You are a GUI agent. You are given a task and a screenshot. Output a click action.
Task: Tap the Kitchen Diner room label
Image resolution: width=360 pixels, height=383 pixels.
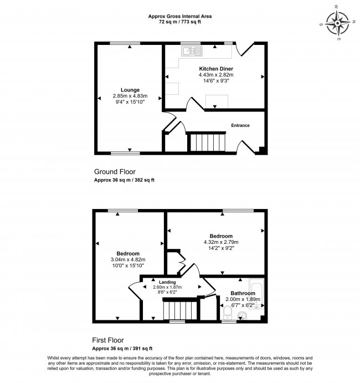click(217, 69)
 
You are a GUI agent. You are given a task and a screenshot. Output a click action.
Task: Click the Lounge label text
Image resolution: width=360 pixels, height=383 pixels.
click(130, 90)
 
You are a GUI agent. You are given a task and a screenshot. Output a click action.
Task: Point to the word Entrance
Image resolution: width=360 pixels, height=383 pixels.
click(240, 125)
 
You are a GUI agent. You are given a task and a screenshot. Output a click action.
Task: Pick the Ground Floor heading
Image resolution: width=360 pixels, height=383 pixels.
click(115, 172)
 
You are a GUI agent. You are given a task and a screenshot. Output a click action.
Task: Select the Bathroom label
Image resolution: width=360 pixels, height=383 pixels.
click(243, 293)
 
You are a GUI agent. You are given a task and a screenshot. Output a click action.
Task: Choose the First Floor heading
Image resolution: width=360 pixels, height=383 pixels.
click(109, 340)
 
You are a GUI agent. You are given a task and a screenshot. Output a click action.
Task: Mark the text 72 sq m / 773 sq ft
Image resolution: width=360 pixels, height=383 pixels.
click(180, 23)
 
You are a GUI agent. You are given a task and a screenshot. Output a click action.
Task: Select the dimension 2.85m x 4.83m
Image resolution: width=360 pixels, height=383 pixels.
click(130, 96)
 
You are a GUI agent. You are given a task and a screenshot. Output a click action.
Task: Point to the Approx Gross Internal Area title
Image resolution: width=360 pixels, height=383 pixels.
click(180, 17)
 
